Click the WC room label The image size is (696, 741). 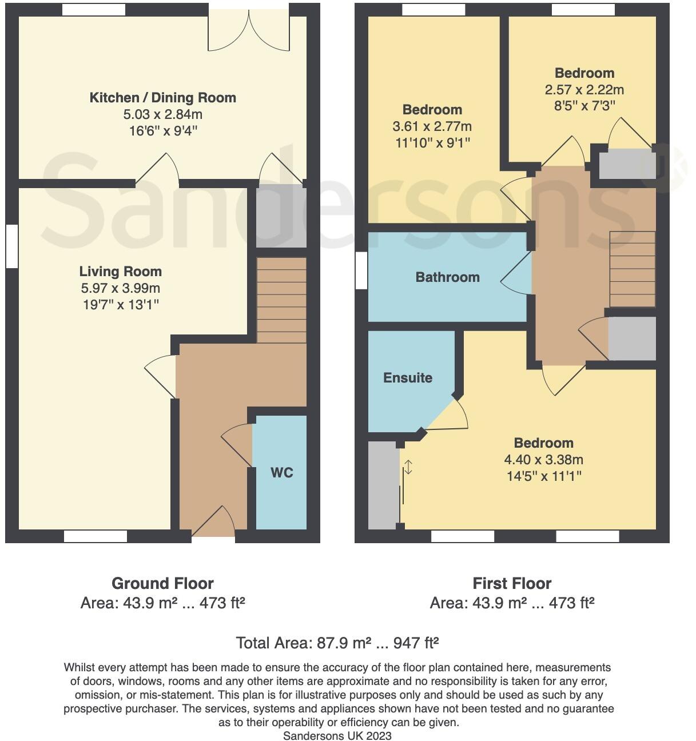tap(281, 472)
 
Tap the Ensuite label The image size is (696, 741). tap(407, 377)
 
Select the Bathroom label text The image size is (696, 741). tap(447, 277)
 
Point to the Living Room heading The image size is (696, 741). tap(120, 272)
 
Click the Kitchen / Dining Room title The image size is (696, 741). tap(163, 98)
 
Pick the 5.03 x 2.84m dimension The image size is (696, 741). tap(163, 114)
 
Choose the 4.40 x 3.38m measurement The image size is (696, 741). tap(543, 460)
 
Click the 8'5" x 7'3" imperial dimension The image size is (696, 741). tap(584, 105)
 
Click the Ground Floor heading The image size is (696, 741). tap(162, 584)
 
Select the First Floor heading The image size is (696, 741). tap(512, 584)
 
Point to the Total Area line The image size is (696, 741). tap(337, 643)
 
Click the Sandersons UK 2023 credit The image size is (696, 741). tap(337, 736)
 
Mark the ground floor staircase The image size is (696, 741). tap(281, 300)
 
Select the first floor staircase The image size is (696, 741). tap(633, 269)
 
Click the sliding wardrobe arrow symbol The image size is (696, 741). tap(408, 467)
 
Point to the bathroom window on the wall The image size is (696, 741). tap(361, 271)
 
